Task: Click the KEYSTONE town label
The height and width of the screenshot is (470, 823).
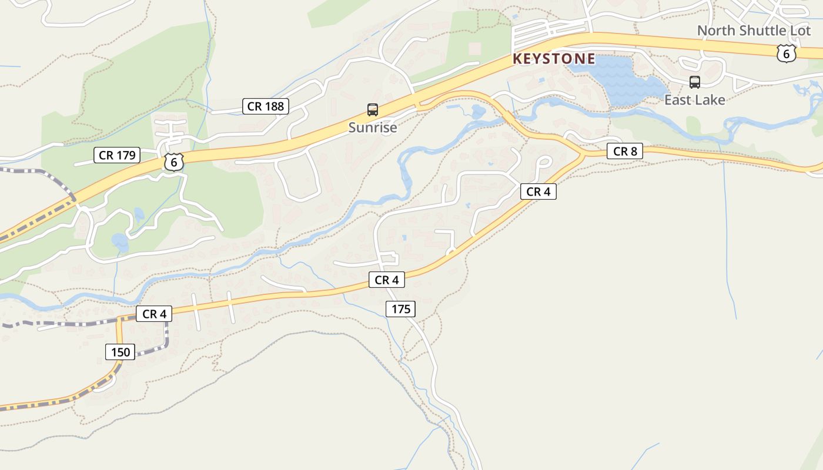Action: click(x=554, y=59)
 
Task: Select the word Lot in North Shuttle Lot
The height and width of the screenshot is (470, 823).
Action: click(x=799, y=31)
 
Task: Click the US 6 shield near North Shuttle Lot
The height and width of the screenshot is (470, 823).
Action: click(x=786, y=53)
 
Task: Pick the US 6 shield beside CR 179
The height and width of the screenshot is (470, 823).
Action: click(x=173, y=162)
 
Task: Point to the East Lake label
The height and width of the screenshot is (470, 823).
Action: click(x=694, y=100)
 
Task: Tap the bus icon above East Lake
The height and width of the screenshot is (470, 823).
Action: click(x=694, y=82)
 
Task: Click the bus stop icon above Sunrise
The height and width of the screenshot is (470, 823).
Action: click(x=372, y=109)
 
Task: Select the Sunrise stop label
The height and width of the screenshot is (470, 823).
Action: click(x=372, y=127)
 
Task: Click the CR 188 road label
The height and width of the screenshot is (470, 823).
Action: click(x=266, y=106)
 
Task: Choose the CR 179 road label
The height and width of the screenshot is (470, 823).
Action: click(x=117, y=155)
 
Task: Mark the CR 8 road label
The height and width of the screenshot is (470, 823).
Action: click(x=625, y=151)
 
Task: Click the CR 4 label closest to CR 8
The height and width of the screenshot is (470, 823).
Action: click(x=538, y=192)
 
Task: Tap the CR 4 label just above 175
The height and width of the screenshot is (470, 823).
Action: click(x=387, y=280)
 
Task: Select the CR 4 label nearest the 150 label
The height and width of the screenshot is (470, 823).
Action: click(x=154, y=314)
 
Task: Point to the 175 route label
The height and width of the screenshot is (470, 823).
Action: click(x=401, y=308)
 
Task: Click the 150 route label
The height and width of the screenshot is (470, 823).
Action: click(x=121, y=352)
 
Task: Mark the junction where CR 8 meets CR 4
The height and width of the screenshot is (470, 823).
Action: click(x=583, y=154)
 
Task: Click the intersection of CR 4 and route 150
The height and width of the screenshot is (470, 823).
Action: click(x=120, y=318)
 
